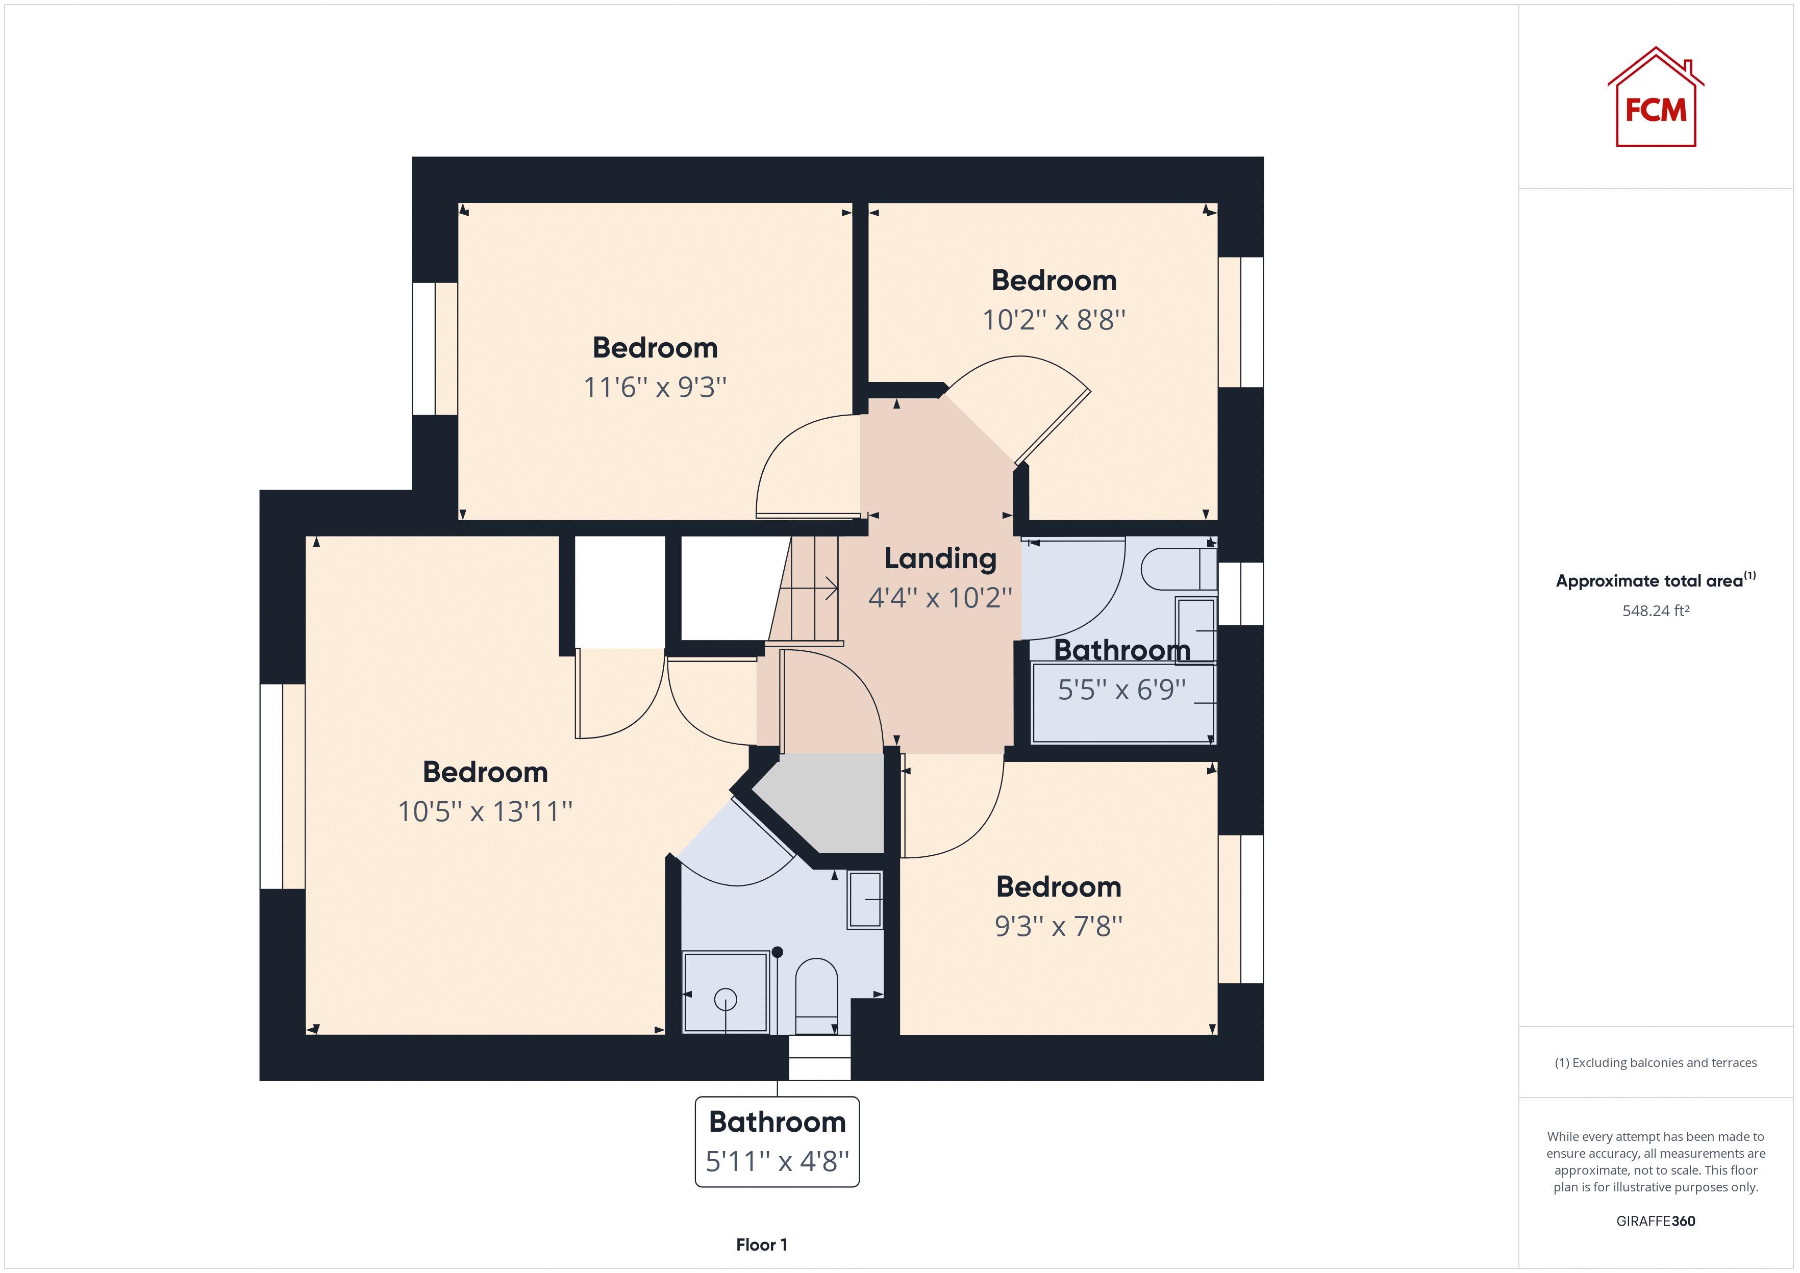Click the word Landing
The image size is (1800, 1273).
[x=940, y=558]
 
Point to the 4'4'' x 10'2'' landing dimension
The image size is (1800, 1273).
[x=940, y=598]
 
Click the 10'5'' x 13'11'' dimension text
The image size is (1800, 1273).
[x=485, y=811]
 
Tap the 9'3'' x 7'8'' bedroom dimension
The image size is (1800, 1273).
[x=1058, y=927]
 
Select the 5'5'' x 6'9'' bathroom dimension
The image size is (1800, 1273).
[x=1122, y=690]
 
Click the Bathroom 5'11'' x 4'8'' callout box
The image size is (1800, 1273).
[x=777, y=1141]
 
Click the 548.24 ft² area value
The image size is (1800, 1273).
[x=1655, y=610]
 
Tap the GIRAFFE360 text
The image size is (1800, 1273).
[x=1655, y=1220]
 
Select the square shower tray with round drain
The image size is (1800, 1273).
[x=725, y=991]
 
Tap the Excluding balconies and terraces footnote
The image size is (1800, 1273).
[x=1655, y=1063]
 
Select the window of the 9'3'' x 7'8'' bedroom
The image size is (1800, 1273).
[x=1240, y=909]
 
